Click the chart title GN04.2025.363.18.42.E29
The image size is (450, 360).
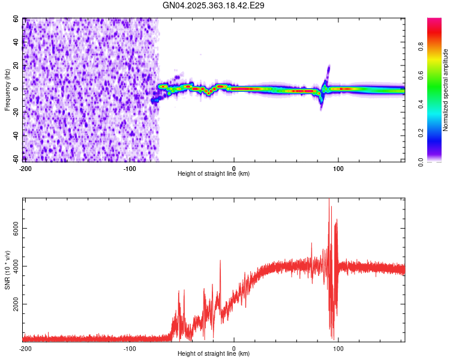214,5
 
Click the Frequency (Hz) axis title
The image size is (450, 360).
8,89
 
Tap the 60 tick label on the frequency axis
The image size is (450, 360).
16,19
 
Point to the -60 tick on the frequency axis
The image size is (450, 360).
15,159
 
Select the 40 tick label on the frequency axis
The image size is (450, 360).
16,42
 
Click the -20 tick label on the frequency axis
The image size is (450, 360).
15,112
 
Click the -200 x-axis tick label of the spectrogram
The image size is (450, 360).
25,168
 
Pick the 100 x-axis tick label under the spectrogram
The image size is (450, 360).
338,168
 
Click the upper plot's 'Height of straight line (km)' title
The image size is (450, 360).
214,174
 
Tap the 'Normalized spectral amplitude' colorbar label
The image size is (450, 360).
445,90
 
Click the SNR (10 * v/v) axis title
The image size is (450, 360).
8,269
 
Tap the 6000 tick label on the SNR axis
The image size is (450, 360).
13,228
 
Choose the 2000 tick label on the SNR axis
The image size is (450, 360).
13,304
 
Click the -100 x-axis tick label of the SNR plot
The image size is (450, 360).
130,348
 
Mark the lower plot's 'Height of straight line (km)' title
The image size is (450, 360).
214,354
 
